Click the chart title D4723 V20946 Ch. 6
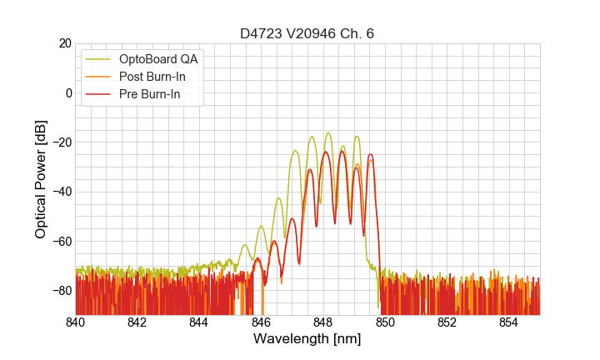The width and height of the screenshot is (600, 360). click(x=307, y=33)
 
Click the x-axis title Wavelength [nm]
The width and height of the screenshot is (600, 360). click(x=307, y=339)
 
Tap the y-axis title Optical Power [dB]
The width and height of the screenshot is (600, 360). click(x=41, y=179)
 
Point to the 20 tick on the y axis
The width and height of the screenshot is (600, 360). click(x=64, y=43)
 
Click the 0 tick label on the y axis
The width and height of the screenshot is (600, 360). click(x=67, y=92)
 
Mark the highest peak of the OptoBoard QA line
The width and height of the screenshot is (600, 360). click(x=328, y=132)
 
